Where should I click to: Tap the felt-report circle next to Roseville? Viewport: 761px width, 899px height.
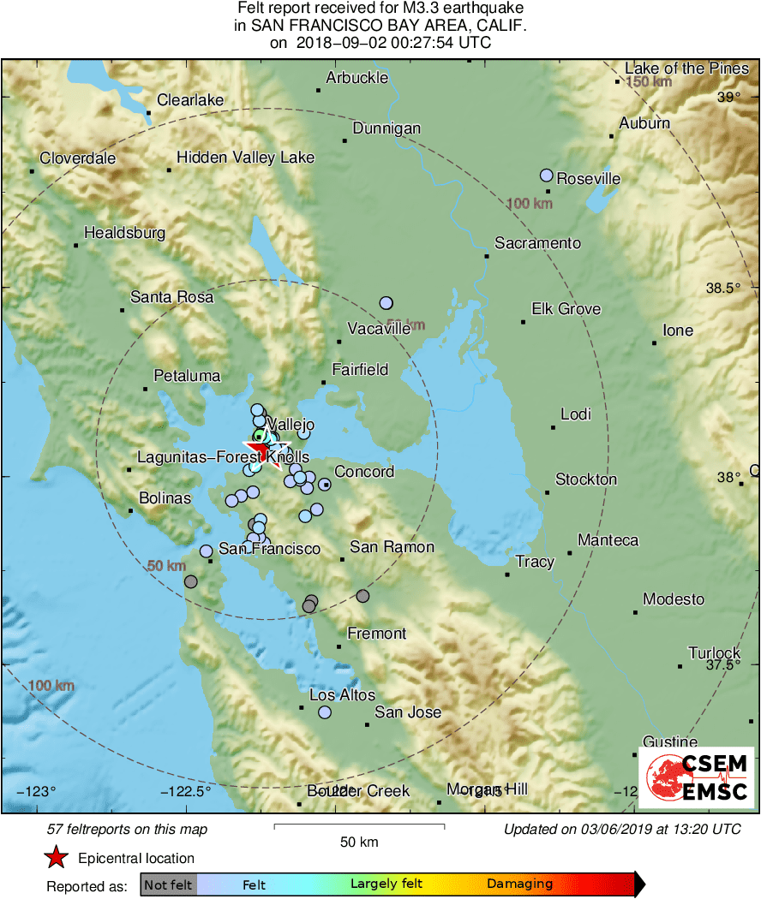(547, 176)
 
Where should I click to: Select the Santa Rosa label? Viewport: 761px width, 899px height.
(171, 298)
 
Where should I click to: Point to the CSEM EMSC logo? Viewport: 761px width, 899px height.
(696, 777)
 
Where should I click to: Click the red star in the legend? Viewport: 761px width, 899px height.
(56, 857)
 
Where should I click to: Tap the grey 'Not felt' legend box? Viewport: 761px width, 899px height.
(168, 884)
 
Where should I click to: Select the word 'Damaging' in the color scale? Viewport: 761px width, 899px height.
(520, 884)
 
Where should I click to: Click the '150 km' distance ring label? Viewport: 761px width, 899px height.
(648, 83)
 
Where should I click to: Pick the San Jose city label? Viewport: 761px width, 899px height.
(408, 712)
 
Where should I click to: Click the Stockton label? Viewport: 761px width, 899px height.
(586, 479)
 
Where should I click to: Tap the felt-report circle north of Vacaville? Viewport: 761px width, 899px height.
(386, 303)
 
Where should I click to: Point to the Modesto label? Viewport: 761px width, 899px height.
(674, 599)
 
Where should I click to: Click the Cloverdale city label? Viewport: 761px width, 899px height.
(77, 158)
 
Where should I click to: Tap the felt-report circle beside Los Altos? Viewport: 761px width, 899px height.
(325, 712)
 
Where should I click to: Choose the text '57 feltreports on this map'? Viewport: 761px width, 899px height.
(127, 830)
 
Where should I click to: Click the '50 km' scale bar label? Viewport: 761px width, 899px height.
(359, 842)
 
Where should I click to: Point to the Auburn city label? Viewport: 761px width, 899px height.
(644, 123)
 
